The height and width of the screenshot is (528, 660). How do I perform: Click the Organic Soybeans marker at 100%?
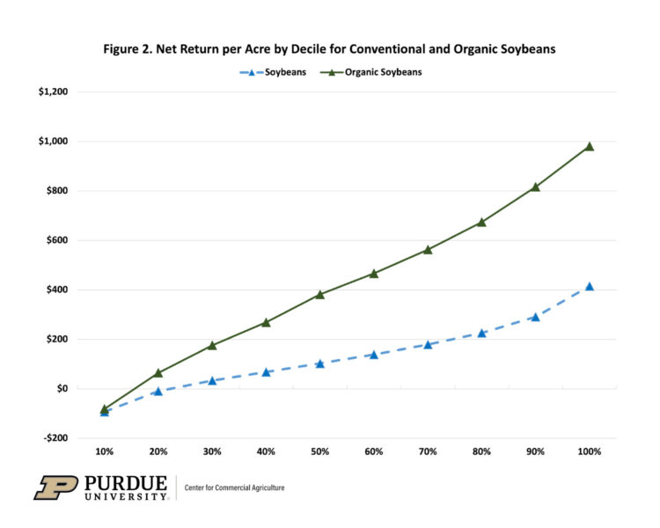tap(590, 147)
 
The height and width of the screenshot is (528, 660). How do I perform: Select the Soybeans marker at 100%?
tap(590, 287)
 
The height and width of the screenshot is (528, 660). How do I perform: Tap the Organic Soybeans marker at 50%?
tap(320, 295)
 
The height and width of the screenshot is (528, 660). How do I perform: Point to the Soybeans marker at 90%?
tap(535, 317)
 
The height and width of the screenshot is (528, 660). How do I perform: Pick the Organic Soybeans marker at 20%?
tap(158, 373)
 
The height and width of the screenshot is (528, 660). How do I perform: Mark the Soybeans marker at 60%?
tap(374, 355)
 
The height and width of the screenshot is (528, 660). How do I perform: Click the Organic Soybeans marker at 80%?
tap(481, 223)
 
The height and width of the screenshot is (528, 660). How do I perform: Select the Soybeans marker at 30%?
tap(212, 380)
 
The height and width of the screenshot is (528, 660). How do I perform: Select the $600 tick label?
tap(66, 240)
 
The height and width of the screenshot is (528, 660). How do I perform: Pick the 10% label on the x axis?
tap(105, 451)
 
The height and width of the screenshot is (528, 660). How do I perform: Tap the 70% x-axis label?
tap(428, 451)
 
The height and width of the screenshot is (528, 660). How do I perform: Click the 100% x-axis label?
tap(590, 451)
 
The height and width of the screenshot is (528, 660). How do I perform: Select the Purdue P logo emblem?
tap(55, 487)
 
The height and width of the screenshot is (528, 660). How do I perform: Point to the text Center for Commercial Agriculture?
tap(235, 488)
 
